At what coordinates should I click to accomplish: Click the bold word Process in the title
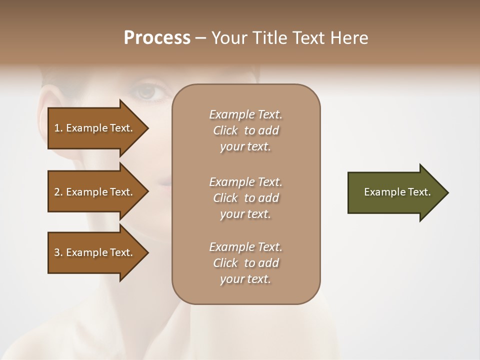click(x=157, y=38)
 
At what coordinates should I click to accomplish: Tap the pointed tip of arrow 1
click(x=147, y=128)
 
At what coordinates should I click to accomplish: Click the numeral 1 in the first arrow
click(x=57, y=128)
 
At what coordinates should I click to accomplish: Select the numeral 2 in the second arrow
click(x=57, y=192)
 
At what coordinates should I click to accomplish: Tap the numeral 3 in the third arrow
click(x=57, y=252)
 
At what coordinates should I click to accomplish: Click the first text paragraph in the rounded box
click(x=245, y=130)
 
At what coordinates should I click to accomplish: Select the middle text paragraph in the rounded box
click(x=245, y=198)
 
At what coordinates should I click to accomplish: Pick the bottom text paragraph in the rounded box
click(x=245, y=263)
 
